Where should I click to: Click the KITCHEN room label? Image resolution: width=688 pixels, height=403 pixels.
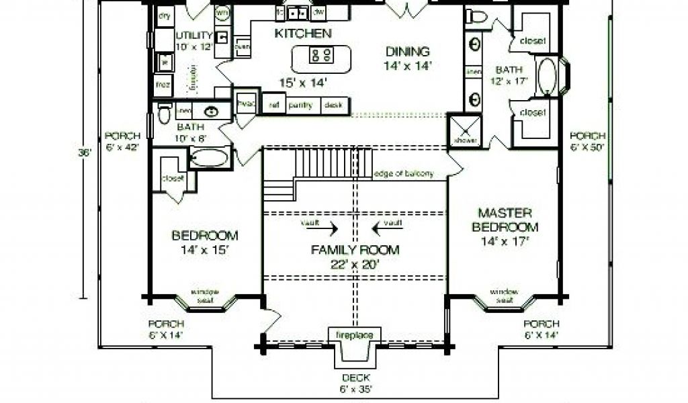[x=302, y=32]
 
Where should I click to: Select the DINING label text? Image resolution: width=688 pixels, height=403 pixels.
[x=407, y=51]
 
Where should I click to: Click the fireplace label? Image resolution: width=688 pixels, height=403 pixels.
[x=354, y=334]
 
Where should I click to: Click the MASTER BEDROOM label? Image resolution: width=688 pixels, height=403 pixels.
[x=505, y=220]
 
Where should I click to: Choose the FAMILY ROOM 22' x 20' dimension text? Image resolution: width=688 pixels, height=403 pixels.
[x=355, y=264]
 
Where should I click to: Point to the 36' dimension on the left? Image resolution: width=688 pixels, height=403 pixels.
[x=84, y=152]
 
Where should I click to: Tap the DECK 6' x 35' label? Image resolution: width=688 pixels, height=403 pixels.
[x=354, y=382]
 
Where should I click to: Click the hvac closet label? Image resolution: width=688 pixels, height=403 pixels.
[x=243, y=103]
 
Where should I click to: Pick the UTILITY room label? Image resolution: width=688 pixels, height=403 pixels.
[x=193, y=35]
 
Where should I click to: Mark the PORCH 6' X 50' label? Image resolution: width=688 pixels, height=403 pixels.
[x=588, y=140]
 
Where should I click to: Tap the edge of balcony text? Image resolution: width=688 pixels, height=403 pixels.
[x=404, y=173]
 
